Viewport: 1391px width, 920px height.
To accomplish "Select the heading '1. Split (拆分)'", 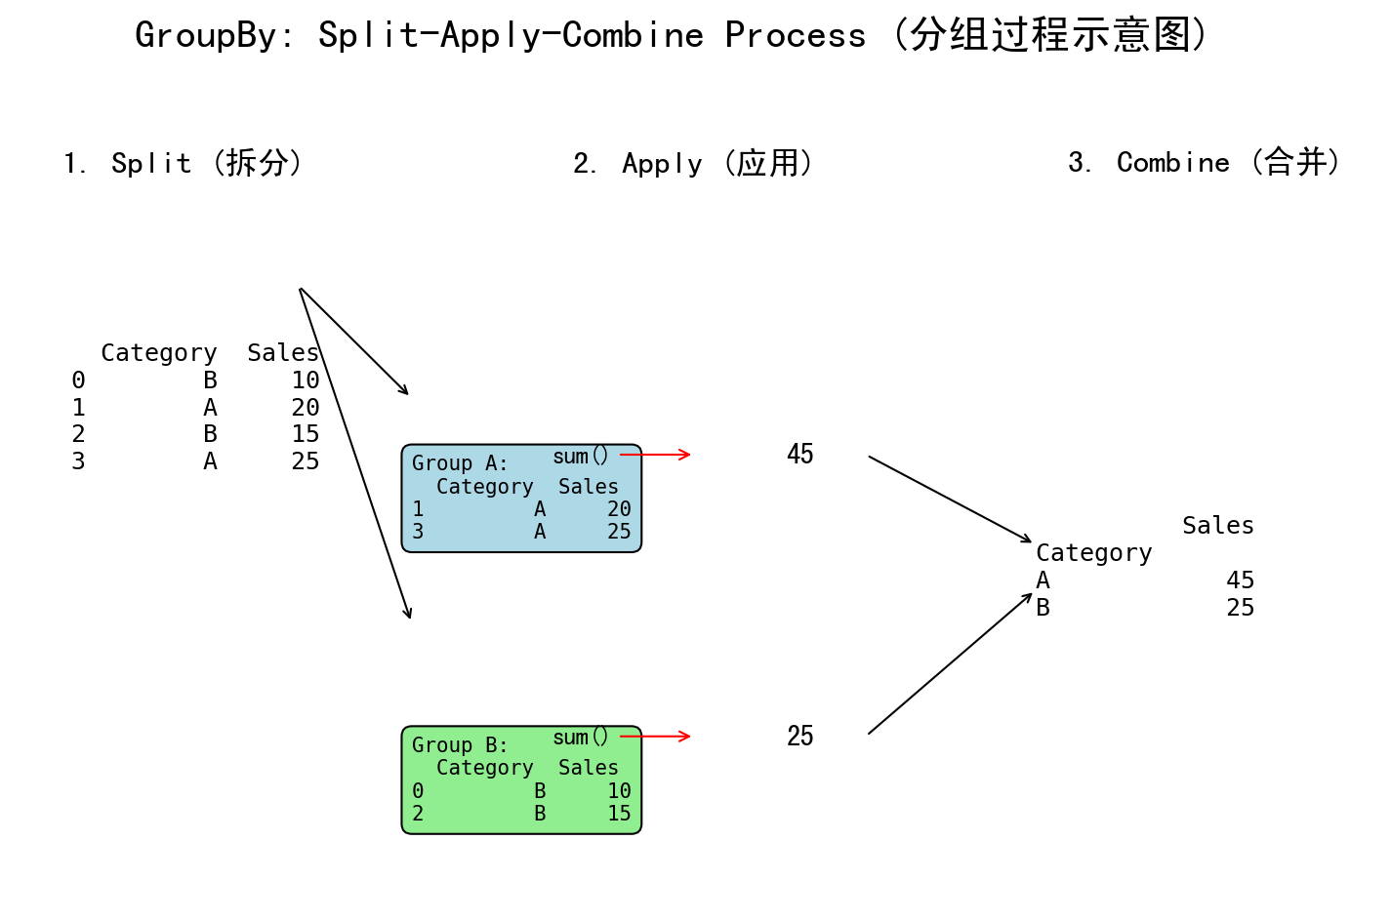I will [x=183, y=163].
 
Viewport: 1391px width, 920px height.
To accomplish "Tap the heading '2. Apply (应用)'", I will [x=693, y=163].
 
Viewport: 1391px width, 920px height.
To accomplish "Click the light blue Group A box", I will [x=521, y=499].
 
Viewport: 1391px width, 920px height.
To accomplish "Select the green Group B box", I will [x=521, y=780].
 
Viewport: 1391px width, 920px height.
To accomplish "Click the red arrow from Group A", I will [x=656, y=455].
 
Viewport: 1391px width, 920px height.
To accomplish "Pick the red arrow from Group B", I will [x=656, y=737].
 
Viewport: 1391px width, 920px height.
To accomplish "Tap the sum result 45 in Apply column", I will [x=800, y=455].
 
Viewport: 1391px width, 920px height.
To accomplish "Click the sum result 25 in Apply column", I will [x=800, y=737].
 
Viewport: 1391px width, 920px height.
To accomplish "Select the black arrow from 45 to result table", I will [x=949, y=499].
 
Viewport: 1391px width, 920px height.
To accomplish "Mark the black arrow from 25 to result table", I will [x=949, y=664].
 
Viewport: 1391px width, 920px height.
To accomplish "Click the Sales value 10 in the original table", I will [x=305, y=380].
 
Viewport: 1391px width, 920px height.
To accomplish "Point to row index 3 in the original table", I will [x=78, y=461].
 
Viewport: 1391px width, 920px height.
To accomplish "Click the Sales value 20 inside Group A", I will [x=619, y=509].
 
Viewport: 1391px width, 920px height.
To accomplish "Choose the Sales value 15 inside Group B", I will [x=619, y=814].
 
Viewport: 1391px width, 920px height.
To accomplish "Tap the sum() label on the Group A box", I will [x=580, y=457].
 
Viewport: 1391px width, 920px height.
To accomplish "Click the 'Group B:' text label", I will [x=459, y=745].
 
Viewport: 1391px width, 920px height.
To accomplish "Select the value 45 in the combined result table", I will [x=1240, y=580].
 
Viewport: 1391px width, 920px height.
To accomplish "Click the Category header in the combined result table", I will [x=1093, y=553].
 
